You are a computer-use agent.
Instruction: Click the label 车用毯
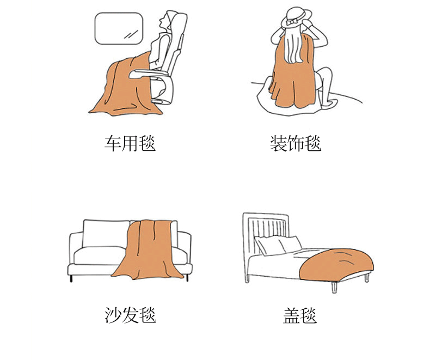pyautogui.click(x=130, y=143)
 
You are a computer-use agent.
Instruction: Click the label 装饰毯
pyautogui.click(x=296, y=143)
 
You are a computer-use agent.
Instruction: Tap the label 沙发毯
pyautogui.click(x=130, y=315)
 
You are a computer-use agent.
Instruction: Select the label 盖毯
pyautogui.click(x=300, y=315)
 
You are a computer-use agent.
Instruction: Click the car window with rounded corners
pyautogui.click(x=119, y=28)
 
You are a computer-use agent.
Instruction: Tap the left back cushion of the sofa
pyautogui.click(x=106, y=233)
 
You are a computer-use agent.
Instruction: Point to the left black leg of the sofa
pyautogui.click(x=71, y=278)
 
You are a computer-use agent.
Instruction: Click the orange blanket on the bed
pyautogui.click(x=336, y=264)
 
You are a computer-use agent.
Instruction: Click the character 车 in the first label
pyautogui.click(x=113, y=143)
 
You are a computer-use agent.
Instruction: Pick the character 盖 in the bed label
pyautogui.click(x=291, y=315)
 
